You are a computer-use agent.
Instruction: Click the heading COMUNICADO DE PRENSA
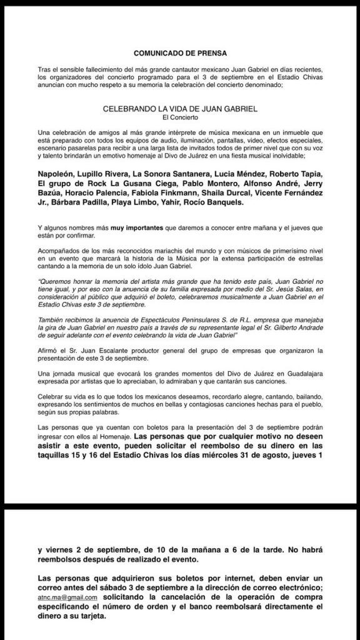click(180, 53)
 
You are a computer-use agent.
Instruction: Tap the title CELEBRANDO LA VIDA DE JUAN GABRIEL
click(180, 108)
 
